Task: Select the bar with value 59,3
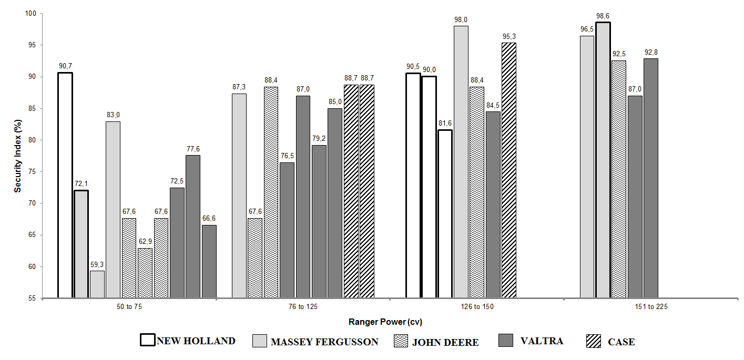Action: pos(97,284)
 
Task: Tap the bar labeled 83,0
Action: pos(113,210)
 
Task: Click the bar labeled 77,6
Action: pos(192,227)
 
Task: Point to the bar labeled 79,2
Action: pos(319,221)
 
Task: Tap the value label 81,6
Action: pos(445,124)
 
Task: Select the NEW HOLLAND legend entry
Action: pos(188,341)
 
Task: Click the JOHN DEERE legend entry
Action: pos(436,342)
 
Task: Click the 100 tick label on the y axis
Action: pos(32,14)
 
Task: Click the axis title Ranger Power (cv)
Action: pos(385,322)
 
